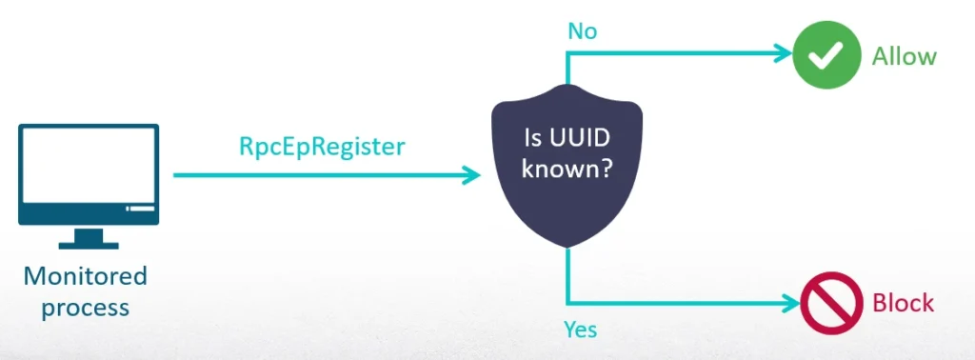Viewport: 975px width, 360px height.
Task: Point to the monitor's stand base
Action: [88, 243]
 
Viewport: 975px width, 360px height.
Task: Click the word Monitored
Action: [86, 277]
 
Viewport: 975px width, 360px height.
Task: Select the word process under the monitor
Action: [86, 308]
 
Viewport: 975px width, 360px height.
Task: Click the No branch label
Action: [582, 31]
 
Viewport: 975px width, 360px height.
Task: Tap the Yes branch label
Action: [581, 330]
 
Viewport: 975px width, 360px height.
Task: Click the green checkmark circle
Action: [823, 55]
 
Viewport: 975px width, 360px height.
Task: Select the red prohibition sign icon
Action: [824, 304]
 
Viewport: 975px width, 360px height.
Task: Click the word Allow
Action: [904, 56]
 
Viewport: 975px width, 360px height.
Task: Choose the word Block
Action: [903, 305]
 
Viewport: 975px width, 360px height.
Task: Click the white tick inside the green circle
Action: [823, 56]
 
